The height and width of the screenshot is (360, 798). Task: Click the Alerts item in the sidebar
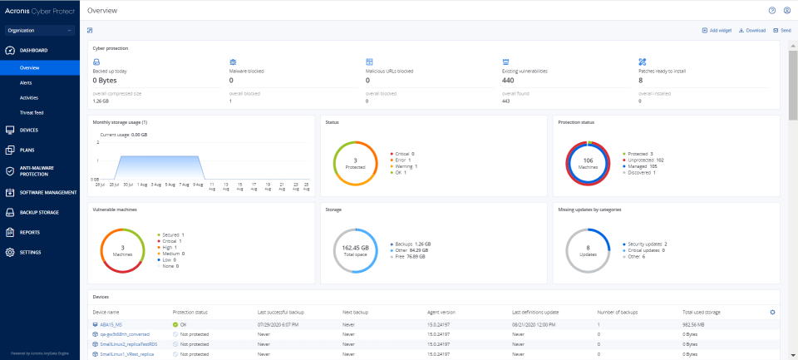[27, 83]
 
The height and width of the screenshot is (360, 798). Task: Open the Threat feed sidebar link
[32, 111]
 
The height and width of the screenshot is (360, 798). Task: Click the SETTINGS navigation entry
[30, 252]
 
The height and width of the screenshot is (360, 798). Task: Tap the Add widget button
[717, 30]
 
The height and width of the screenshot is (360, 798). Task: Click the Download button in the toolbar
[752, 30]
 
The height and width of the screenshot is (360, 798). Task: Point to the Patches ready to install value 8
[640, 81]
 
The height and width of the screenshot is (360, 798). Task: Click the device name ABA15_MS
[112, 324]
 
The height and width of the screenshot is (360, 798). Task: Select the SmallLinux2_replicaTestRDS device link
[129, 344]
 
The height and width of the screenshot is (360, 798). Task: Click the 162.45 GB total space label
[355, 249]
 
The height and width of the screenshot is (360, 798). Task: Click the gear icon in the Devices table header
[772, 312]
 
